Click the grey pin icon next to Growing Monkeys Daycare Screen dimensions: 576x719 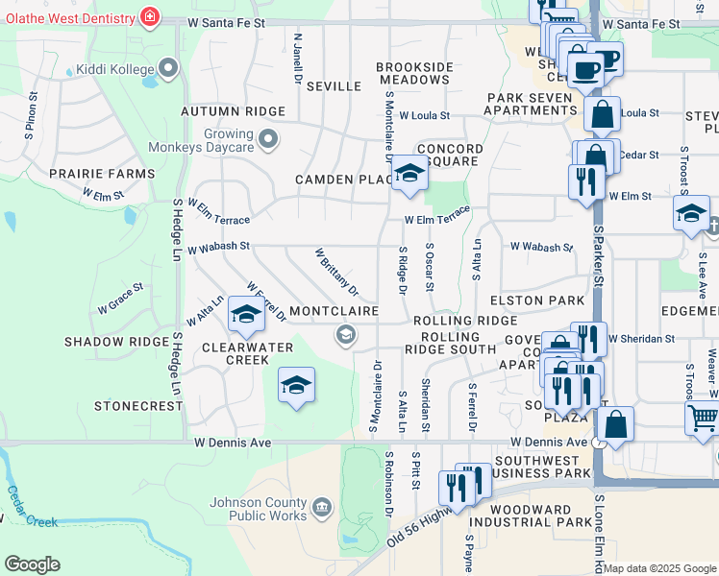coord(269,140)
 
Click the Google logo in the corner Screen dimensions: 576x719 coord(32,564)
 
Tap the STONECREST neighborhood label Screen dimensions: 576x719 coord(138,406)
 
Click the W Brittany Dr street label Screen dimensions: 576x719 coord(336,272)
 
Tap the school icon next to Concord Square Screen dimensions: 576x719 coord(409,175)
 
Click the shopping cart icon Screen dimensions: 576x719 coord(704,418)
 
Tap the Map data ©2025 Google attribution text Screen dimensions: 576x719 coord(660,568)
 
